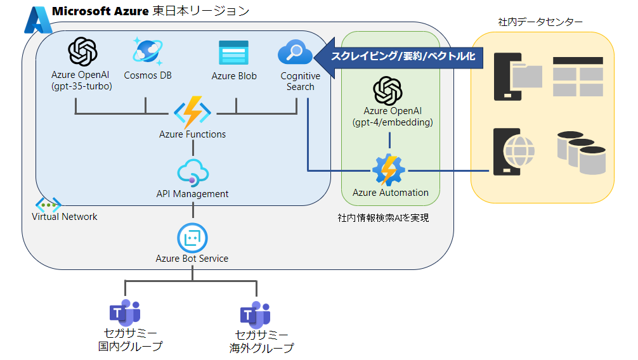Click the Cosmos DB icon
coord(147,51)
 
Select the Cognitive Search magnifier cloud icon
coord(296,53)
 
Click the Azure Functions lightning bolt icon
coord(192,113)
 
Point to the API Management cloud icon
coord(192,172)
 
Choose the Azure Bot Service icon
coord(192,238)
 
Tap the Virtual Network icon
coord(48,204)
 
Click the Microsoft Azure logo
coord(37,20)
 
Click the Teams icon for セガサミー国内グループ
coord(124,313)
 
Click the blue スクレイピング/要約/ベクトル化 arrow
coord(399,56)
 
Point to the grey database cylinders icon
coord(580,152)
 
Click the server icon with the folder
coord(517,75)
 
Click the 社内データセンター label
coord(541,23)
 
